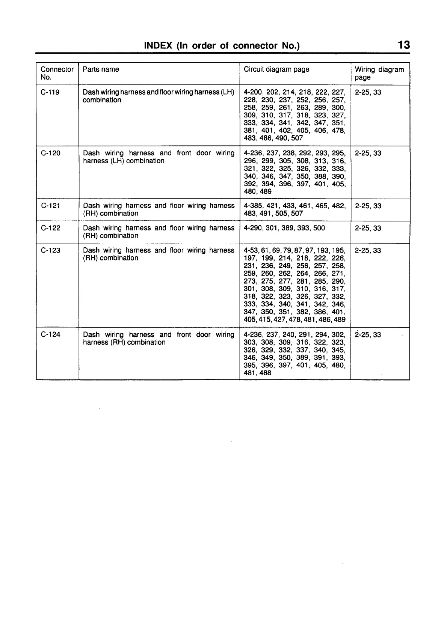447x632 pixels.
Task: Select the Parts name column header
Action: pyautogui.click(x=101, y=69)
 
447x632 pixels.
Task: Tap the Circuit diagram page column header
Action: pyautogui.click(x=276, y=69)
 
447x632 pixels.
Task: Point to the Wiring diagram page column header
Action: pyautogui.click(x=379, y=73)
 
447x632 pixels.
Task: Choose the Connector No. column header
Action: pyautogui.click(x=57, y=73)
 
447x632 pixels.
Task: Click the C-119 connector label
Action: pyautogui.click(x=50, y=92)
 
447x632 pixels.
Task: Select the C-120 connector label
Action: pyautogui.click(x=50, y=153)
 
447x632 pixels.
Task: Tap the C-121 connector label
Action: pyautogui.click(x=50, y=206)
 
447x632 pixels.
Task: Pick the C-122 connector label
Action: pyautogui.click(x=50, y=228)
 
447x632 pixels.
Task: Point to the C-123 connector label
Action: pyautogui.click(x=50, y=250)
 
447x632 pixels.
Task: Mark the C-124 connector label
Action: pyautogui.click(x=50, y=335)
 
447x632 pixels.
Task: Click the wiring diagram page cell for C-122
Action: pyautogui.click(x=368, y=228)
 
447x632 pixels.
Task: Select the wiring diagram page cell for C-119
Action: pyautogui.click(x=368, y=92)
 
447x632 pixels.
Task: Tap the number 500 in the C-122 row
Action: pyautogui.click(x=319, y=228)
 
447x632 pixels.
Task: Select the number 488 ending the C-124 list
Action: pyautogui.click(x=265, y=373)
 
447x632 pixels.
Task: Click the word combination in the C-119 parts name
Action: pyautogui.click(x=102, y=100)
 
